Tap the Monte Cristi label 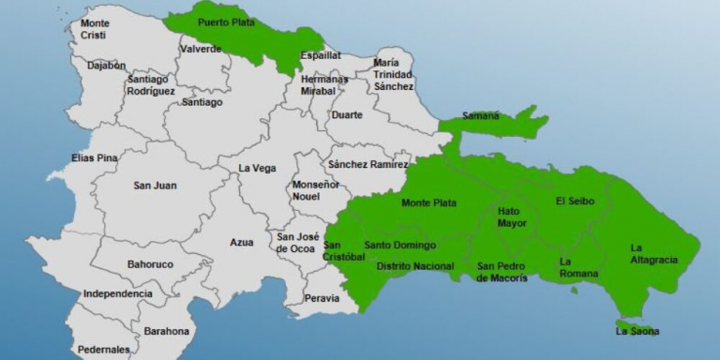point(94,29)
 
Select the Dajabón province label point(106,66)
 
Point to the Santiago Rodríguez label point(150,84)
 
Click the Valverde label point(201,49)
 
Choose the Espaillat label point(321,56)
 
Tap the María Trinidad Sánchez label point(393,73)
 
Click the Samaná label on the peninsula point(481,116)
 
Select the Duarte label point(347,115)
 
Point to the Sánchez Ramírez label point(367,164)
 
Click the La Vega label point(257,168)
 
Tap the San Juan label point(155,186)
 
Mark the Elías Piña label point(95,158)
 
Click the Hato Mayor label point(512,218)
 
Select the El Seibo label point(573,201)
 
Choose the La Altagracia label point(653,253)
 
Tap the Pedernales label point(104,350)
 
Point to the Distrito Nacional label point(415,266)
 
